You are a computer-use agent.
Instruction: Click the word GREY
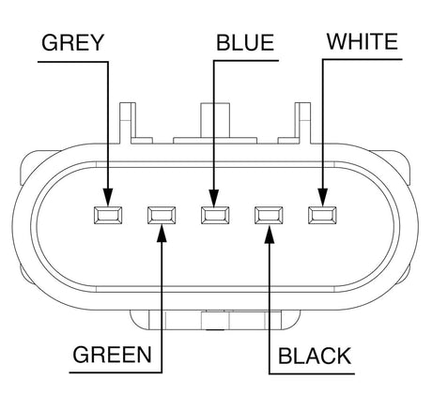(72, 42)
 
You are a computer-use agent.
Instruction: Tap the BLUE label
(245, 42)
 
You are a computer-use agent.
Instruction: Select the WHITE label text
(363, 41)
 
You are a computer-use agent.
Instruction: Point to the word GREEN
(112, 355)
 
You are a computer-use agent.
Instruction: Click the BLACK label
(315, 356)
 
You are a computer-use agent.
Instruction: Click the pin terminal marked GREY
(108, 215)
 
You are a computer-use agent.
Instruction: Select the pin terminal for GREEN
(162, 215)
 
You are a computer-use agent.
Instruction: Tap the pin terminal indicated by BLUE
(215, 215)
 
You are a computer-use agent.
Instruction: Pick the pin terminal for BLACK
(269, 215)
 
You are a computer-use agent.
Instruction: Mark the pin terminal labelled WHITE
(322, 215)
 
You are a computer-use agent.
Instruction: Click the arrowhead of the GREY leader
(108, 197)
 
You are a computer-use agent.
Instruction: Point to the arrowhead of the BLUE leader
(214, 197)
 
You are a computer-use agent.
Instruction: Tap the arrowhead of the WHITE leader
(323, 197)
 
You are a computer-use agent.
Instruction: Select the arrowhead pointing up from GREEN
(162, 234)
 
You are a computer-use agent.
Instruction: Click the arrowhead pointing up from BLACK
(270, 235)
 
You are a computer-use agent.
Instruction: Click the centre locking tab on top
(215, 124)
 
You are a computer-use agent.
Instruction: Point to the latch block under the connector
(215, 320)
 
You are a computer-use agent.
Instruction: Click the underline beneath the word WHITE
(363, 59)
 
